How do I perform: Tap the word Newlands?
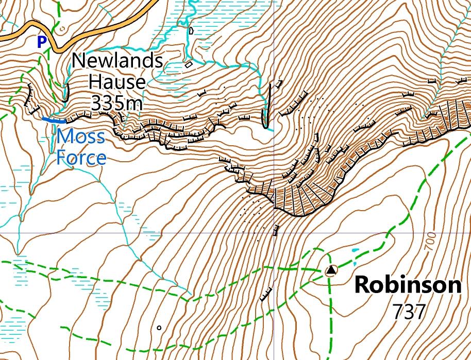pyautogui.click(x=117, y=60)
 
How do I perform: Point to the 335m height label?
pyautogui.click(x=117, y=103)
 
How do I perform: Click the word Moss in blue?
pyautogui.click(x=81, y=137)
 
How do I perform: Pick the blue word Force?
pyautogui.click(x=81, y=157)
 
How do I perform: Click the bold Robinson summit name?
pyautogui.click(x=407, y=285)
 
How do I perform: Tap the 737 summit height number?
pyautogui.click(x=409, y=311)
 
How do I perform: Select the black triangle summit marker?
pyautogui.click(x=331, y=270)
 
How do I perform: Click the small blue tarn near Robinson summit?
pyautogui.click(x=354, y=251)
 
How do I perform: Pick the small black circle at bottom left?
pyautogui.click(x=159, y=327)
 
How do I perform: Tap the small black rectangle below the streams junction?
pyautogui.click(x=189, y=64)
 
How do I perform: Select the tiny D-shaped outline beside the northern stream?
pyautogui.click(x=191, y=30)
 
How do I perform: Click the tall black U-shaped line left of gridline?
pyautogui.click(x=266, y=106)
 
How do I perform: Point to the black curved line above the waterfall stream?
pyautogui.click(x=66, y=92)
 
